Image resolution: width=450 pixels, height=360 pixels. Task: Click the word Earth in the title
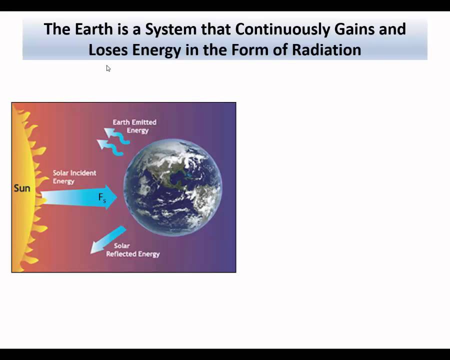[91, 29]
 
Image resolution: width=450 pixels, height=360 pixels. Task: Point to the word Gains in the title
[355, 29]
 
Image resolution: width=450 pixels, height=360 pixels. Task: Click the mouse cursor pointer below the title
[108, 68]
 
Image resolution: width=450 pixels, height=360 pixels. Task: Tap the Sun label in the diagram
[22, 188]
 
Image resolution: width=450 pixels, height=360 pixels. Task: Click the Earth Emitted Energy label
[134, 126]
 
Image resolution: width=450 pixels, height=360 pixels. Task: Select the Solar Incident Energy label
[74, 177]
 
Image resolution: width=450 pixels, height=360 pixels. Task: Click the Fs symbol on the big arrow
[102, 198]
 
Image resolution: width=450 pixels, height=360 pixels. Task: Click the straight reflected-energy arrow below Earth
[107, 240]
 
